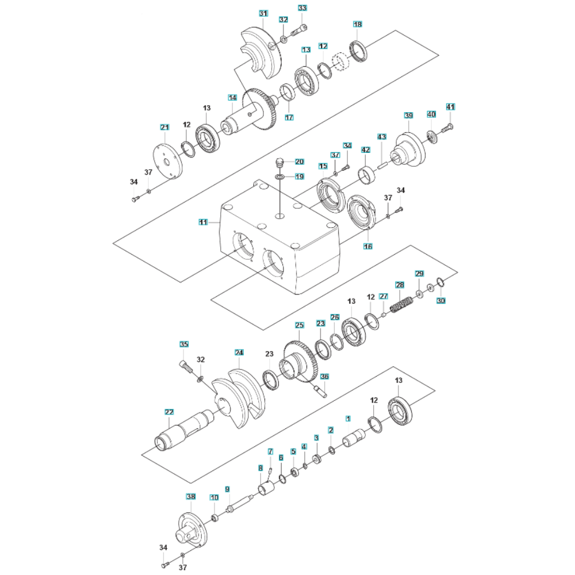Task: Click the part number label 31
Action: [263, 13]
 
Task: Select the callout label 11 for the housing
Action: [203, 221]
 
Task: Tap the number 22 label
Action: [169, 412]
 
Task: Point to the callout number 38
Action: [190, 496]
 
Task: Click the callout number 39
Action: [409, 116]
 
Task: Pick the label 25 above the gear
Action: [299, 325]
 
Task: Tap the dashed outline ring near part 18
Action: [342, 60]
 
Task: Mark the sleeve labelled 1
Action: [352, 439]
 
